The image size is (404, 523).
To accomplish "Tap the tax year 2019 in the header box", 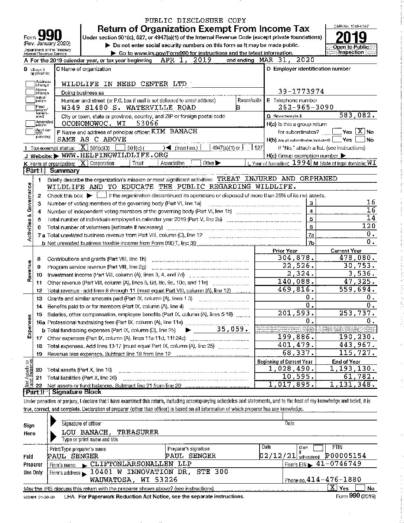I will click(351, 37).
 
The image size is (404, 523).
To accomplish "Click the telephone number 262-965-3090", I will click(306, 107).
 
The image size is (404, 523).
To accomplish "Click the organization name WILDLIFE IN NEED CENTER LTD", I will click(124, 84).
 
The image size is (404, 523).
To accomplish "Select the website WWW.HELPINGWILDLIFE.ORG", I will click(115, 155).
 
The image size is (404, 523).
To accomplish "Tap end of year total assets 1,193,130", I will click(353, 369).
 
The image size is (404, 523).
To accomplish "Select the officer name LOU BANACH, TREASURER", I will click(110, 432).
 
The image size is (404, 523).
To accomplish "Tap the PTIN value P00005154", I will click(346, 455).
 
